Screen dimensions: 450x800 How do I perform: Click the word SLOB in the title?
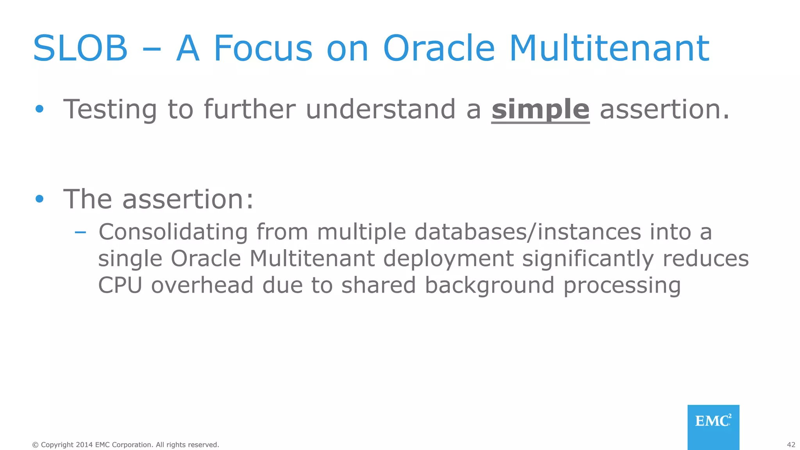(80, 48)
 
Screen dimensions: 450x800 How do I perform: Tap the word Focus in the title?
(263, 48)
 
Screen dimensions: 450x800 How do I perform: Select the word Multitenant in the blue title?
(609, 48)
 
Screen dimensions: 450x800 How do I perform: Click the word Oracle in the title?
(439, 48)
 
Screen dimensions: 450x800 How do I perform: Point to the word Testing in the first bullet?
(110, 110)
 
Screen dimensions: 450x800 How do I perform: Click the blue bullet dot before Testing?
(39, 109)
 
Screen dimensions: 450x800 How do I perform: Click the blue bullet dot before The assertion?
(39, 199)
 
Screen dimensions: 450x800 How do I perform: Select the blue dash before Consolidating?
(80, 233)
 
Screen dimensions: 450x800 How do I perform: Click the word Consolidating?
(173, 232)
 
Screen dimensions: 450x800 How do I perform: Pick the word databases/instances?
(527, 232)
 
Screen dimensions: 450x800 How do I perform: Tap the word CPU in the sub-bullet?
(120, 285)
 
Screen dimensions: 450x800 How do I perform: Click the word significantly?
(588, 259)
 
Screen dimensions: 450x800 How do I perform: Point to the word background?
(489, 286)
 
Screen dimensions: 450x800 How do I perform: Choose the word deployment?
(448, 259)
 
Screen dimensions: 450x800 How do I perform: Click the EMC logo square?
(713, 427)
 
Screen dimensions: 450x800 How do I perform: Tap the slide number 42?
(791, 445)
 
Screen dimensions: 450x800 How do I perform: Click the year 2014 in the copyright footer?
(84, 445)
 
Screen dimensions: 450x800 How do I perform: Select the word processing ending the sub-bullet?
(622, 286)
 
